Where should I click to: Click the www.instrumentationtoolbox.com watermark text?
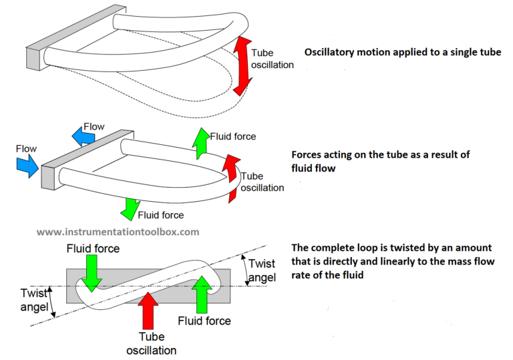(x=118, y=232)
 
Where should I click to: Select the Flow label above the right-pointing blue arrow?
(x=27, y=148)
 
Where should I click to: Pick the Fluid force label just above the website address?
(x=160, y=215)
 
